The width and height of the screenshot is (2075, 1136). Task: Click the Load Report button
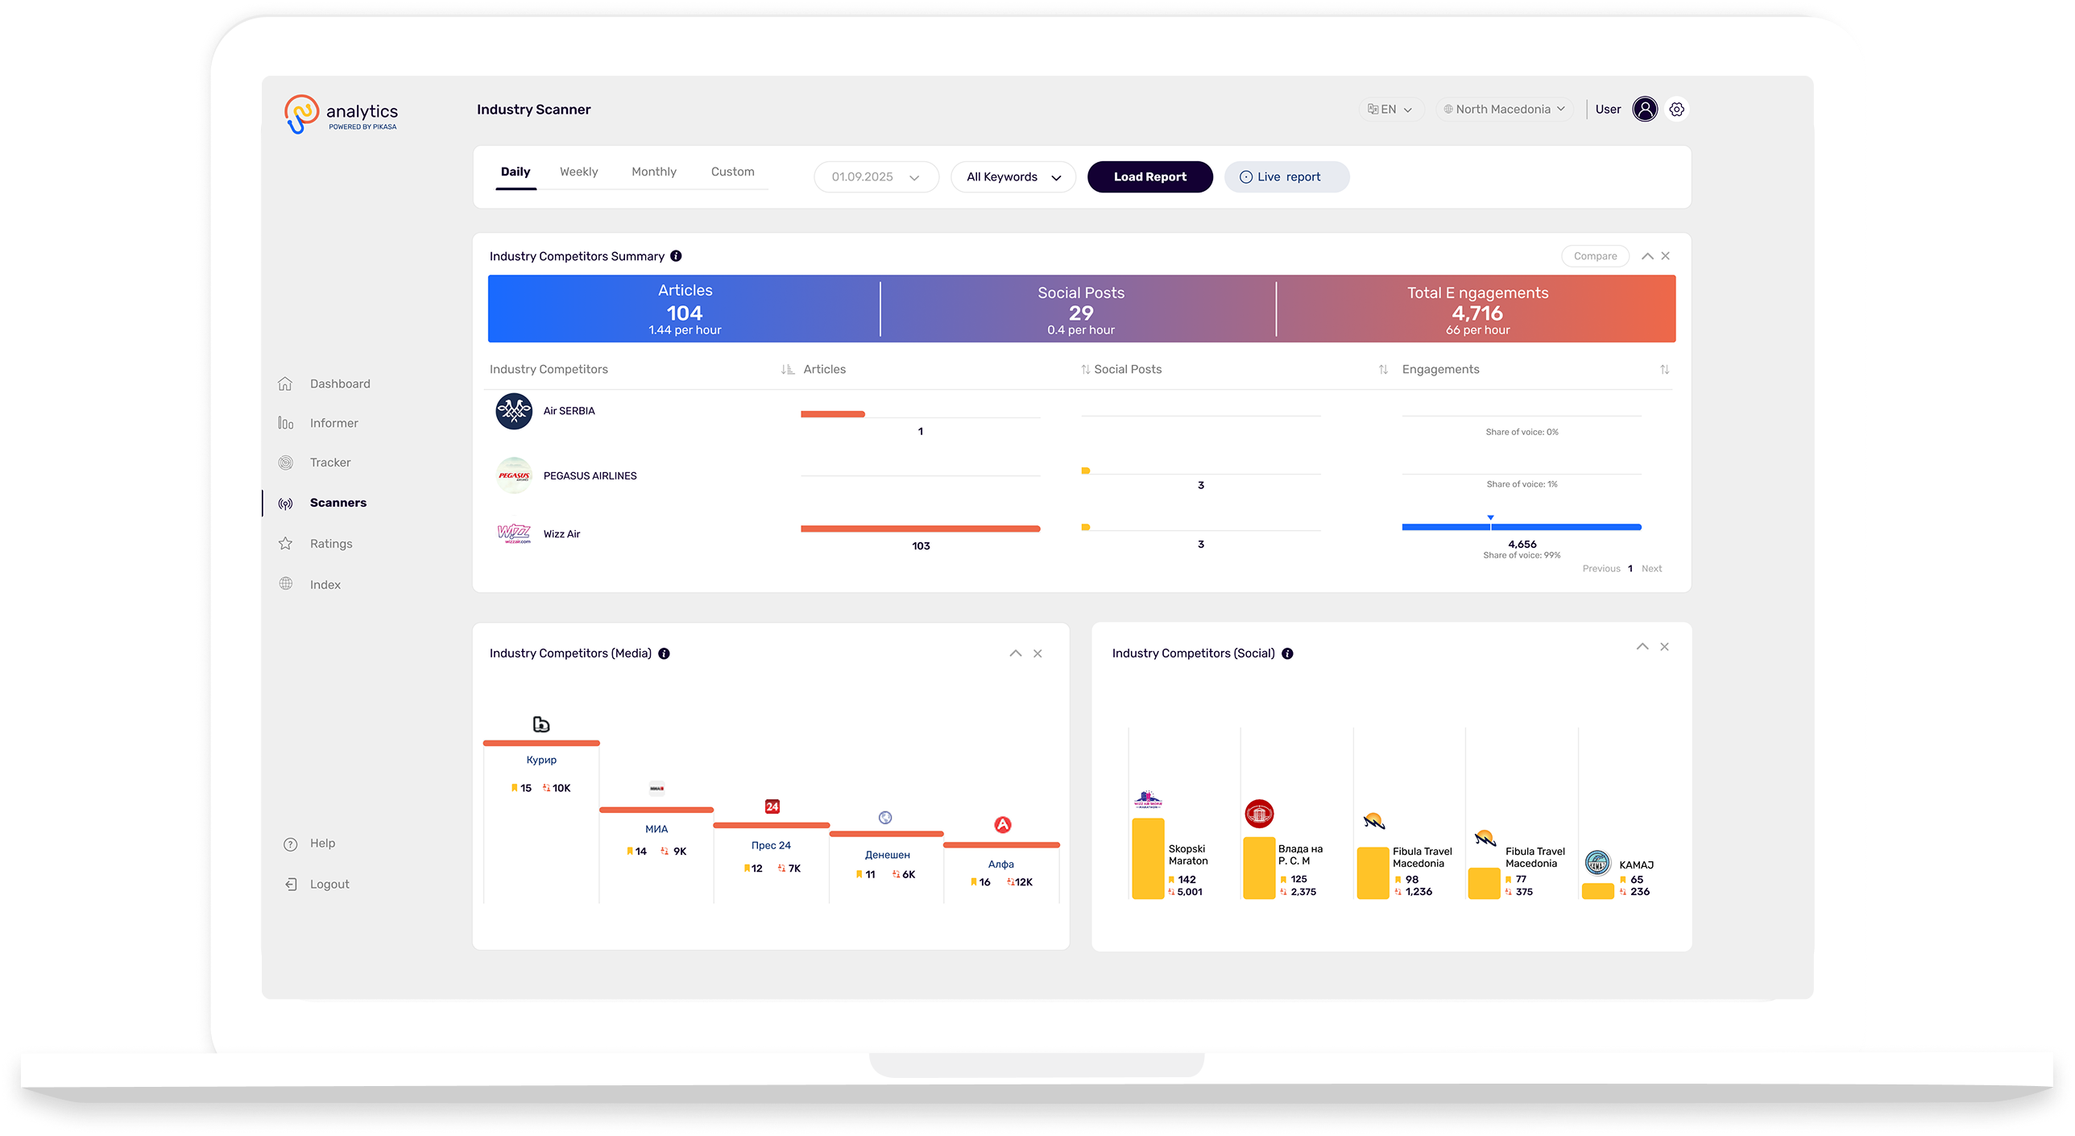pos(1149,177)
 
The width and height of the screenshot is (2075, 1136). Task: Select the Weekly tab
pos(578,172)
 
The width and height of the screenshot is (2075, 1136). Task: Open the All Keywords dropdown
pos(1013,177)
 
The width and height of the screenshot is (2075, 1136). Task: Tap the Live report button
pos(1286,177)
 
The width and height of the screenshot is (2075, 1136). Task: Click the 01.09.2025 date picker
pos(876,177)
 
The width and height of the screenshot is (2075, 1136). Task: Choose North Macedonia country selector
pos(1504,110)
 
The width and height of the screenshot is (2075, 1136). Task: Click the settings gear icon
pos(1677,110)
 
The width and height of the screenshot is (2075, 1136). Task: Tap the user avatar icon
pos(1645,110)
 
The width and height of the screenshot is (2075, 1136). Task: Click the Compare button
pos(1595,256)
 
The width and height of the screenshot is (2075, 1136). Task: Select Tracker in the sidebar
pos(330,462)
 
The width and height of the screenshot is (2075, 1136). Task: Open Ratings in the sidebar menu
pos(331,544)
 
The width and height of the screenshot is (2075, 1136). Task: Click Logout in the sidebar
pos(329,885)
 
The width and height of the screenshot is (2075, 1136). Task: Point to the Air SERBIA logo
pos(514,412)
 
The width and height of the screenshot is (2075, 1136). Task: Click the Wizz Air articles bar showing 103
pos(920,529)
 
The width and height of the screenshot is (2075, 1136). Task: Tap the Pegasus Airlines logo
pos(514,475)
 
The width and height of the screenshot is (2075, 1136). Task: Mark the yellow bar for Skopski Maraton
pos(1148,858)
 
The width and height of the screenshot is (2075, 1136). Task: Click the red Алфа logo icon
pos(1002,825)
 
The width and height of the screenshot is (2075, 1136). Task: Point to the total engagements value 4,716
pos(1477,313)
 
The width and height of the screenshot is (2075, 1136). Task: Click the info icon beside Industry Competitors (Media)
pos(664,653)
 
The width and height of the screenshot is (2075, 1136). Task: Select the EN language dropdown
pos(1390,110)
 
